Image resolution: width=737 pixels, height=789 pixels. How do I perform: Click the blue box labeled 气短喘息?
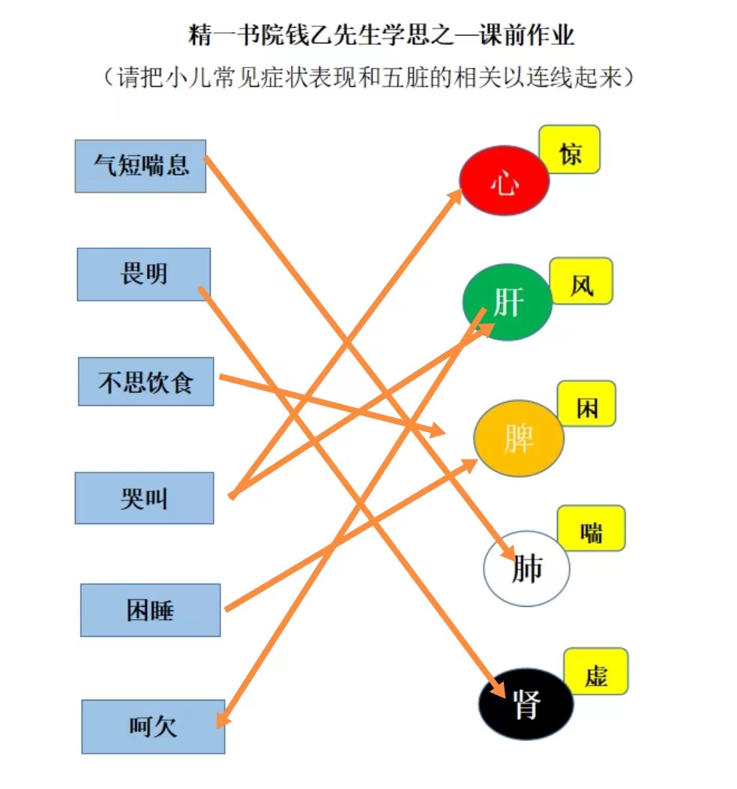click(140, 166)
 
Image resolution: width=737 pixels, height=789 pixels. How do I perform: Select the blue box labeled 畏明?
click(144, 274)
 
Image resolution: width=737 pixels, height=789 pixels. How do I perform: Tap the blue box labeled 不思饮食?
click(146, 382)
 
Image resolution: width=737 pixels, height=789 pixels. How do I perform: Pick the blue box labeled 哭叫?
click(145, 498)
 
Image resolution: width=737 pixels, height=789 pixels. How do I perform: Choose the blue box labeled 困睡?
click(151, 610)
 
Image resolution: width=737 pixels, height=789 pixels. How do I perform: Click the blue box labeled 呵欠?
click(153, 727)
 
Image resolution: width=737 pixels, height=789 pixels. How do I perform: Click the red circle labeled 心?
click(504, 181)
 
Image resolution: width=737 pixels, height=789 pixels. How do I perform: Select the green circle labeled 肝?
click(507, 302)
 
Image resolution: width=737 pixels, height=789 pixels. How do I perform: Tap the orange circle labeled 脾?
click(519, 438)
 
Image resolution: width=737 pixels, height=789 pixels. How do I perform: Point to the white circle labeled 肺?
click(526, 568)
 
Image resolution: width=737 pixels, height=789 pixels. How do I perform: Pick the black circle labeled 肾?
click(526, 704)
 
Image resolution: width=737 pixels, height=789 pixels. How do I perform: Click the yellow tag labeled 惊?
click(570, 150)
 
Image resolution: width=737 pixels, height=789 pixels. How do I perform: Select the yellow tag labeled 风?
click(581, 281)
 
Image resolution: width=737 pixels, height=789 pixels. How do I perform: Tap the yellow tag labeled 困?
click(586, 404)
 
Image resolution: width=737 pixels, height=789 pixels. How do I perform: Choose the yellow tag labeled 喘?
click(591, 529)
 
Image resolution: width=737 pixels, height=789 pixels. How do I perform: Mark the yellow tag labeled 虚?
click(596, 672)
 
